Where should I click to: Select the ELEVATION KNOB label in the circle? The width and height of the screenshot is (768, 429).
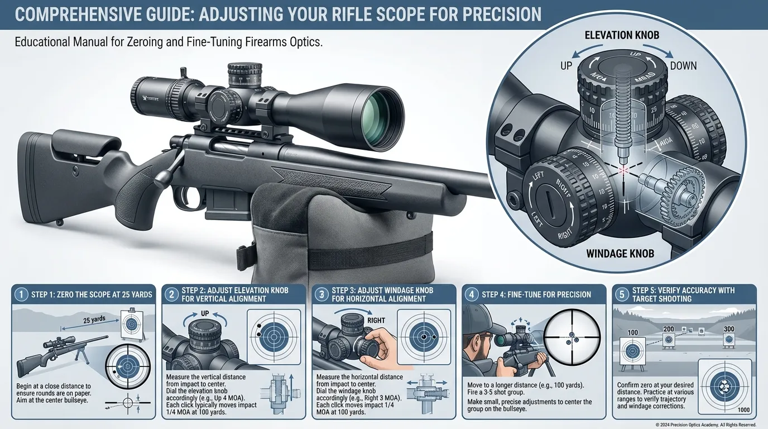[621, 35]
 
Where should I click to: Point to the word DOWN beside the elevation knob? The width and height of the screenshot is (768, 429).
[683, 66]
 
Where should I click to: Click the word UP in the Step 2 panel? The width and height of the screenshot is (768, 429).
[204, 314]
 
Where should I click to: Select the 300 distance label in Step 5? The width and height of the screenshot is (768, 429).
[729, 330]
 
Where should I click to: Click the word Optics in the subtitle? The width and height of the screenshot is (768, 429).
[303, 43]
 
